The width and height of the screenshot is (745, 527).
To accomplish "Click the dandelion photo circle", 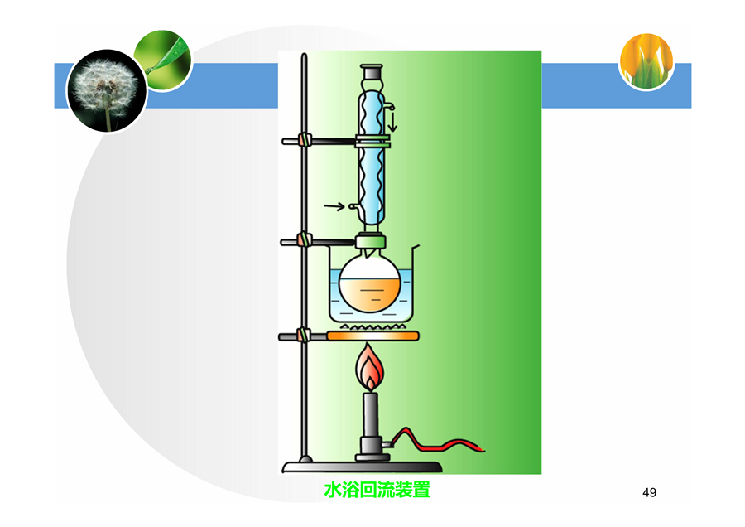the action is pos(108,90).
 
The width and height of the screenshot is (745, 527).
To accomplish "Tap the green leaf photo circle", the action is pos(163,60).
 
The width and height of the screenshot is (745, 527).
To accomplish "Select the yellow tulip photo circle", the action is pos(646,60).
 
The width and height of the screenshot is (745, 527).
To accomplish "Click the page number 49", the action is pos(649,492).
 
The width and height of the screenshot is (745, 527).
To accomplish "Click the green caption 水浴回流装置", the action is pos(377,490).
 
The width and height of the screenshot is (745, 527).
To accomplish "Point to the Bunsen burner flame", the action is pos(370,367).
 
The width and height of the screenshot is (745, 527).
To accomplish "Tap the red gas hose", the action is pos(437,441).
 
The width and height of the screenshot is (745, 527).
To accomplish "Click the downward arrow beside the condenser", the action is pos(392,121).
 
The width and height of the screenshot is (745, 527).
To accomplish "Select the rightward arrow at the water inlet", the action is pos(334,206).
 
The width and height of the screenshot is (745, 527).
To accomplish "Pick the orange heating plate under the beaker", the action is pos(373,336).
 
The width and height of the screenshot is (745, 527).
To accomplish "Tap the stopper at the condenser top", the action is pos(372,72).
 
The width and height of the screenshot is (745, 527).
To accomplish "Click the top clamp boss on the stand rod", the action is pos(303,141).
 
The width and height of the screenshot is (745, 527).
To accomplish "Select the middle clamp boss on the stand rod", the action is pos(303,239).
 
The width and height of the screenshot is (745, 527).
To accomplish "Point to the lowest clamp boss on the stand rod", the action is pos(303,336).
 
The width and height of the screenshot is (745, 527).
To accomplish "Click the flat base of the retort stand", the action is pos(362,467).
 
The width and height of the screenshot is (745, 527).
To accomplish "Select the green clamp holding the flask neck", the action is pos(371,242).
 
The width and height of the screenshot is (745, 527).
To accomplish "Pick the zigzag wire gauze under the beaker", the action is pos(373,327).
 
